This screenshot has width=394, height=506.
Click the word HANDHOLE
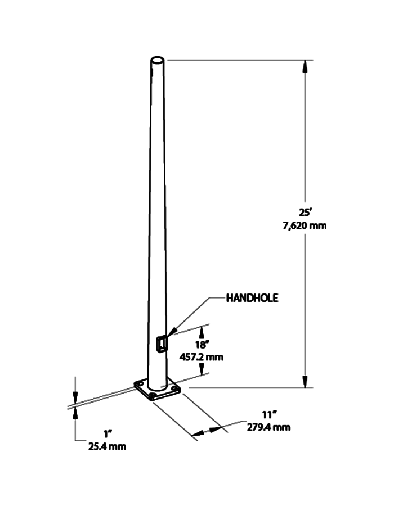click(x=252, y=298)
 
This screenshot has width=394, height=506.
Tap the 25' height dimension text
click(x=306, y=214)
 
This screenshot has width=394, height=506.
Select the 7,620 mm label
click(x=306, y=226)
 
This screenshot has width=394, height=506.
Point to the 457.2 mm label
click(x=200, y=356)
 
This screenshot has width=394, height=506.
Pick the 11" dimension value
click(x=259, y=416)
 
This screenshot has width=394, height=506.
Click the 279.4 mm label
click(x=269, y=427)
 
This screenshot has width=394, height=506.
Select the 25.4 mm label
click(x=106, y=446)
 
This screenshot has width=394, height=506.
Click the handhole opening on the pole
click(x=162, y=343)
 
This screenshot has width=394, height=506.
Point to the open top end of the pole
click(x=158, y=59)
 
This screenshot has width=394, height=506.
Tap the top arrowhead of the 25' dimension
click(x=306, y=66)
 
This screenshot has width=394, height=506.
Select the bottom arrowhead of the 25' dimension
click(x=306, y=382)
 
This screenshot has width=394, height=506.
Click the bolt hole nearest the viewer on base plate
click(x=154, y=395)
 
